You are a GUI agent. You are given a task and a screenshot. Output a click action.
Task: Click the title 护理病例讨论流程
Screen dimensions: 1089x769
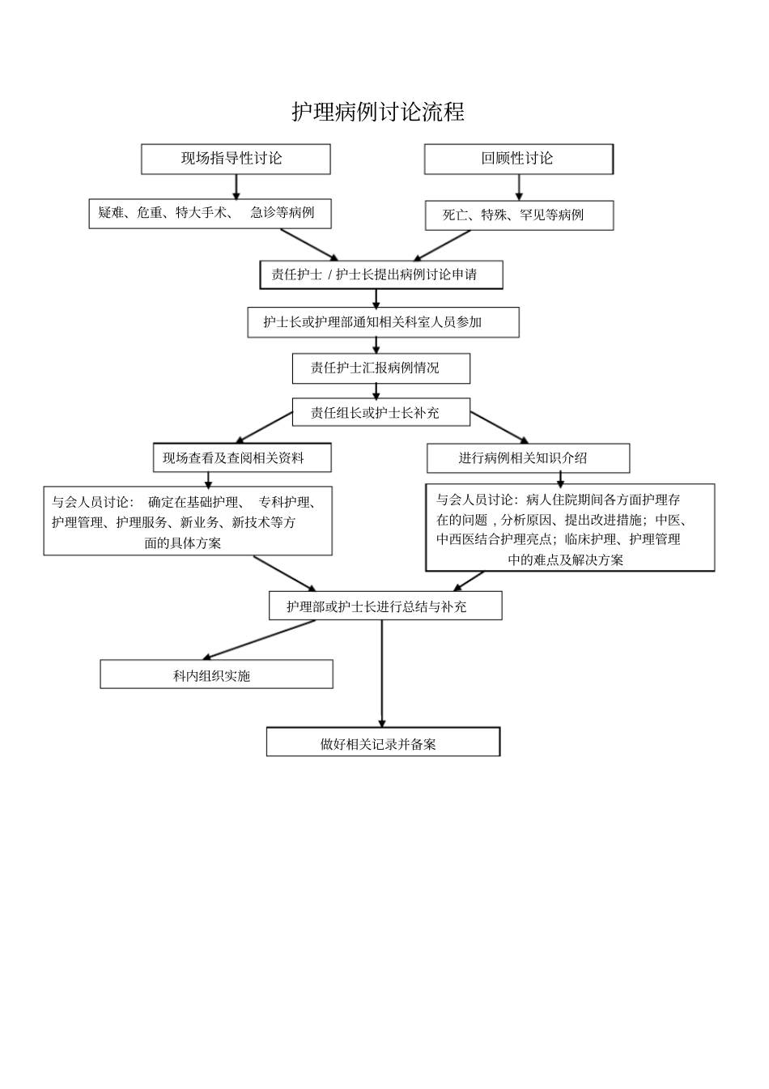click(x=378, y=112)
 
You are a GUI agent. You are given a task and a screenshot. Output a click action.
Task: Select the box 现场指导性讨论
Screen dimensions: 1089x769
click(x=236, y=159)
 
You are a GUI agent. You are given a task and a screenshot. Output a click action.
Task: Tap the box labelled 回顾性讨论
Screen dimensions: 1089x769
click(x=518, y=159)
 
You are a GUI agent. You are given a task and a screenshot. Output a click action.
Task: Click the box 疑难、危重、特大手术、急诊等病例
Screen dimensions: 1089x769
click(x=210, y=213)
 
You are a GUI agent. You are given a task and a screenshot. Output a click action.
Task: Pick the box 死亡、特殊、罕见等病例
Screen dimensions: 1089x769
click(x=519, y=215)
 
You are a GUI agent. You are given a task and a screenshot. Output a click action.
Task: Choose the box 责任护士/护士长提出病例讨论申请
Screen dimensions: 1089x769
click(x=380, y=274)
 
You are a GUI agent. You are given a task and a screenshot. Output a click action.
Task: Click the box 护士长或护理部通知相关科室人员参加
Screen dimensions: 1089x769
click(x=383, y=322)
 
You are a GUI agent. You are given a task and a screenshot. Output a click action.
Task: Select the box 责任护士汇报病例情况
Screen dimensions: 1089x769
click(x=380, y=368)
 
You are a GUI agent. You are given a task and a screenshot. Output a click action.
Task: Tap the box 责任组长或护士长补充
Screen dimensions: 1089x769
click(x=380, y=413)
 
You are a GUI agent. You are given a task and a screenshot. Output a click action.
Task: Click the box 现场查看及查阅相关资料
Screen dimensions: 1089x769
click(x=241, y=458)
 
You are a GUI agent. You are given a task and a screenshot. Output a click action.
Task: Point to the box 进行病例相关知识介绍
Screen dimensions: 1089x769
click(x=528, y=458)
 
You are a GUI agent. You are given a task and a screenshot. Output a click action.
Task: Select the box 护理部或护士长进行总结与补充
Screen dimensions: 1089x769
click(x=384, y=606)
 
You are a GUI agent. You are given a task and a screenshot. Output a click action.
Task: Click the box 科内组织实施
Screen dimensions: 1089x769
click(x=216, y=674)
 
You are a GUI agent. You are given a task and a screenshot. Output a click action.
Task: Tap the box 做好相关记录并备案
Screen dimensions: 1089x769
click(x=383, y=742)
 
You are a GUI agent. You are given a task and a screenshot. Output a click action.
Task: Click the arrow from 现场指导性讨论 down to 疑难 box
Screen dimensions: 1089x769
click(x=236, y=186)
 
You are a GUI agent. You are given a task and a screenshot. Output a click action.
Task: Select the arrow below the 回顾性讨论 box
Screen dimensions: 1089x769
click(x=519, y=187)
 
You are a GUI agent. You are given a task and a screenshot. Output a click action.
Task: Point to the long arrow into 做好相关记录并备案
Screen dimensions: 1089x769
click(x=382, y=672)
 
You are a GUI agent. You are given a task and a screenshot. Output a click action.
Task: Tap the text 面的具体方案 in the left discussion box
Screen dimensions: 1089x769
click(x=183, y=543)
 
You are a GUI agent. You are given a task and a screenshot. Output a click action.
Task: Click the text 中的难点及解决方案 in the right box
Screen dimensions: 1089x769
click(x=565, y=559)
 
